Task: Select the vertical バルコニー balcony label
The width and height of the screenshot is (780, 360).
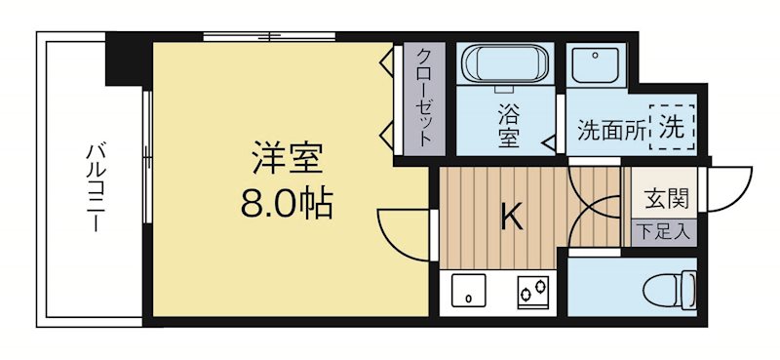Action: coord(95,186)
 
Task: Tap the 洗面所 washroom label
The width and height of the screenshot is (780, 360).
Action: coord(611,129)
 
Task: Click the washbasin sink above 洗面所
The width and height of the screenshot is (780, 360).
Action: coord(592,66)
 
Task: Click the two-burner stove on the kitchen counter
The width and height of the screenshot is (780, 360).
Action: coord(532,290)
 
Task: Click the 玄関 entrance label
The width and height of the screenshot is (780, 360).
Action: coord(666,199)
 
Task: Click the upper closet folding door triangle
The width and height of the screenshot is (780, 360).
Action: coord(386,64)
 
